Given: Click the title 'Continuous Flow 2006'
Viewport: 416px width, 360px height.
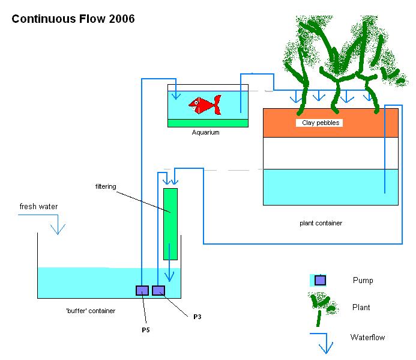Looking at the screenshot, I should (73, 19).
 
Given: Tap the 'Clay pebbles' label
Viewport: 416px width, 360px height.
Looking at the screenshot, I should (318, 123).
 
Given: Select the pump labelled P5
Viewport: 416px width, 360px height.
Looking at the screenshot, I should (142, 291).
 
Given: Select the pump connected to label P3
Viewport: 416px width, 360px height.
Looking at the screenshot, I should (158, 291).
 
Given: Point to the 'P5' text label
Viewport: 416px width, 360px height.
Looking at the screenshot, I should (145, 330).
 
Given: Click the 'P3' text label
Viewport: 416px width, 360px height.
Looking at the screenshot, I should (197, 317).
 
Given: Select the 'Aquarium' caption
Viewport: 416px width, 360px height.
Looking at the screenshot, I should (205, 133).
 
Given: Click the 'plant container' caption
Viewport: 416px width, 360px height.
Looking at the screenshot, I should (321, 224).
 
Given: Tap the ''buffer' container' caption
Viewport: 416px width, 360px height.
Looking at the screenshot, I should (91, 311).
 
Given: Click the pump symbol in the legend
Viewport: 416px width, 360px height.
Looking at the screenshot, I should (320, 280).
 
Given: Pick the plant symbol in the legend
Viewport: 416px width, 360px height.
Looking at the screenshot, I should (322, 305).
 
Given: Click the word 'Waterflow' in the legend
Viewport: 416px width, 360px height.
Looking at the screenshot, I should (367, 337).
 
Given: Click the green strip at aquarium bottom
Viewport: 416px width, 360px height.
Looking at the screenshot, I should (208, 123).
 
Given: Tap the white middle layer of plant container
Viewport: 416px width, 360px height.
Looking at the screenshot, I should (331, 153).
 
